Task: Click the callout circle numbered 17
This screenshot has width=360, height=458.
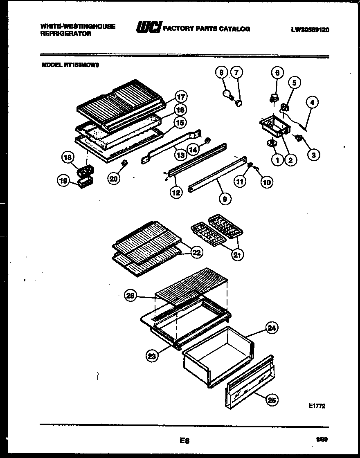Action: click(x=180, y=97)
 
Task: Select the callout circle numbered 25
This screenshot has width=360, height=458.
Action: click(x=270, y=400)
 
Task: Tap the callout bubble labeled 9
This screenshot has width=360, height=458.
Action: click(x=225, y=199)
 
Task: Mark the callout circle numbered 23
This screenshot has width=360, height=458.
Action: click(x=152, y=356)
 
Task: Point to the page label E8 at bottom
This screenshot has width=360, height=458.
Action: click(x=184, y=440)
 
